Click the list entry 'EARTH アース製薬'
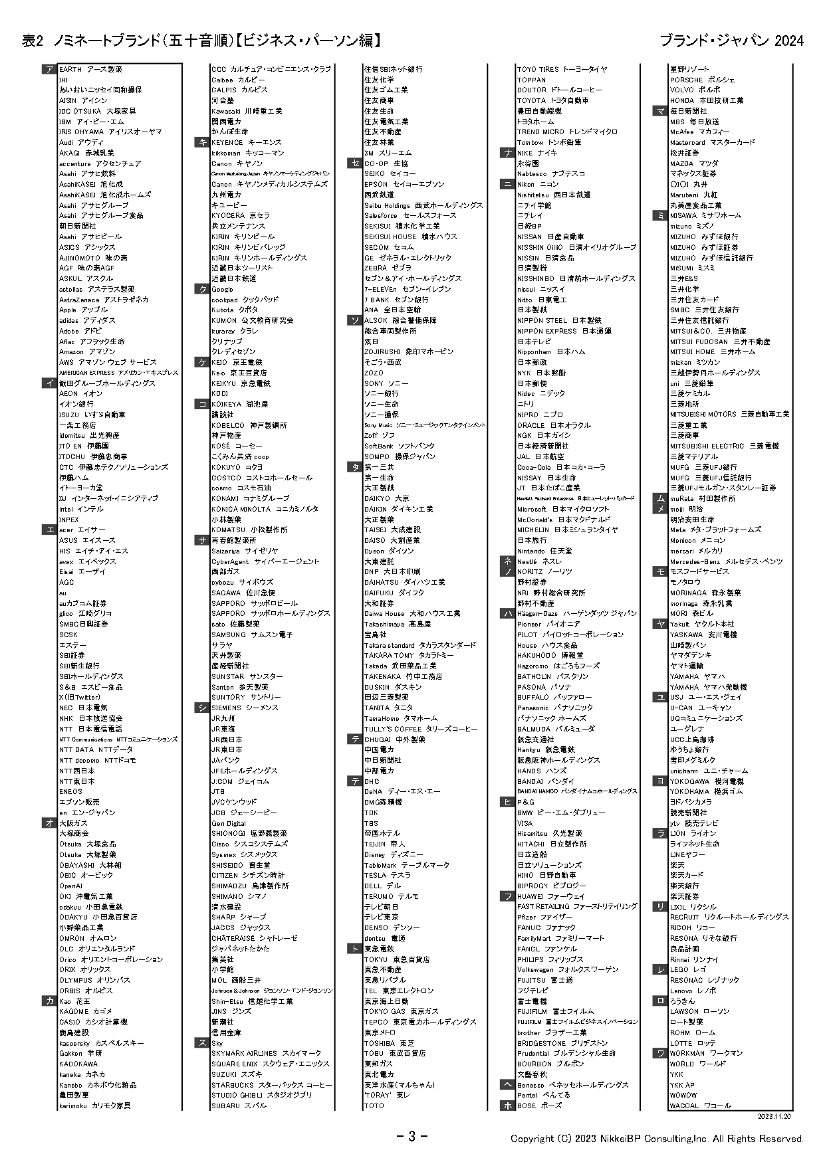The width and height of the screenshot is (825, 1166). (90, 69)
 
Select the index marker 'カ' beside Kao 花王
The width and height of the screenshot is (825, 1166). (50, 1001)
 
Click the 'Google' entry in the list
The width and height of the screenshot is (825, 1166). (223, 289)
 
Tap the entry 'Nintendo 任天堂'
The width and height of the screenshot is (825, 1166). (544, 551)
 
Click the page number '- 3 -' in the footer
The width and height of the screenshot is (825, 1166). (412, 1136)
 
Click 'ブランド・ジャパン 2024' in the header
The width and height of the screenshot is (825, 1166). (731, 41)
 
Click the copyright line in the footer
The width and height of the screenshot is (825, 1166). (657, 1139)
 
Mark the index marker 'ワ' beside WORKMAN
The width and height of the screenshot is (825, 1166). (660, 1053)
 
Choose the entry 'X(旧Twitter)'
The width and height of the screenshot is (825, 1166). (80, 697)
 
